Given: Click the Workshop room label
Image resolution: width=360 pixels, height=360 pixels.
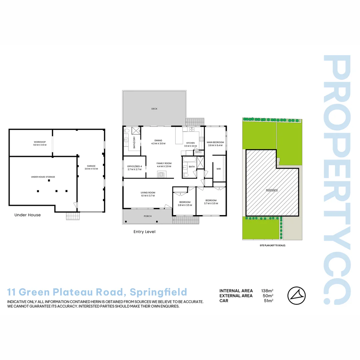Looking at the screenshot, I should coord(40,142).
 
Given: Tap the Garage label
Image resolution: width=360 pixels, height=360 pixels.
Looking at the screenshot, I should coord(91,166).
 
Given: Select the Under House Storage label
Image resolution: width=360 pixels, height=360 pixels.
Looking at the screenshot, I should coord(43,177).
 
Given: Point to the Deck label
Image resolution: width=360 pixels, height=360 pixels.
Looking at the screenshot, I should coord(154,109).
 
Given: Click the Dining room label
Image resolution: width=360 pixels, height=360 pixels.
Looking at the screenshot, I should coord(158,140).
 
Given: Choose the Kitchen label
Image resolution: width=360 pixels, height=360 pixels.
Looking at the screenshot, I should coord(190,143).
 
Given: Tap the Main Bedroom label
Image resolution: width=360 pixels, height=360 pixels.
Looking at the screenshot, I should coord(215,142).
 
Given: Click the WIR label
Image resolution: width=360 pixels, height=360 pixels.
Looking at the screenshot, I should coord(219,169).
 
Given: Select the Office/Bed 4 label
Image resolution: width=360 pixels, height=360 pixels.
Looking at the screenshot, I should coord(134,166).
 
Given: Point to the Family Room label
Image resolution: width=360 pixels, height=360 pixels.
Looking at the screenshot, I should coord(164,163).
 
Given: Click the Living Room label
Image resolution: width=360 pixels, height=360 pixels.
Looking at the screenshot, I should coord(148,192).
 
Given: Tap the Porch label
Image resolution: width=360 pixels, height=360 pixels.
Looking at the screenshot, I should coord(148,216).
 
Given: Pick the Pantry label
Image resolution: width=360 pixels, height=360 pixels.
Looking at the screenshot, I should coord(198,152).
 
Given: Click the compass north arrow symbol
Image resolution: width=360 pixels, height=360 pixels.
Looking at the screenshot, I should coord(296,295).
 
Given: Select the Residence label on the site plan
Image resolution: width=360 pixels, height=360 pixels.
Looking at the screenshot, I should coord(271,190).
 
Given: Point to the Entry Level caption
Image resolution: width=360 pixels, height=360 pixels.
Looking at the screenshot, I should coord(144,232).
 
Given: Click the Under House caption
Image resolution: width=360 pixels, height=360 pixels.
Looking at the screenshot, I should coord(27,215).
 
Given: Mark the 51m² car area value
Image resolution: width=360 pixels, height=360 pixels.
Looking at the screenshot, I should coord(268,301).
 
